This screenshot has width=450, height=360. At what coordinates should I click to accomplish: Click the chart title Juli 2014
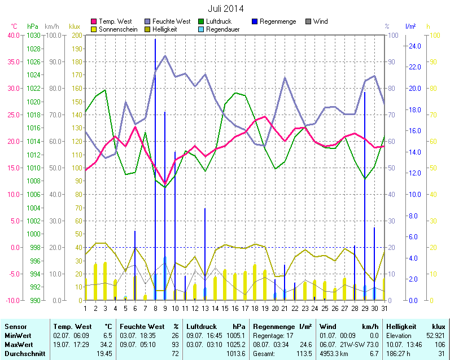pos(226,8)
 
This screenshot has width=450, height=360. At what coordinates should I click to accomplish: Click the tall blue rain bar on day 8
pos(155,169)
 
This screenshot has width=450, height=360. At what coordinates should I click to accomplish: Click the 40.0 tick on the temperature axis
pos(12,35)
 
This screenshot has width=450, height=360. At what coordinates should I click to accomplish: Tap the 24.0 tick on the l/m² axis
pos(414,46)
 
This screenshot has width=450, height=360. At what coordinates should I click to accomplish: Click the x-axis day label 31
pos(385,308)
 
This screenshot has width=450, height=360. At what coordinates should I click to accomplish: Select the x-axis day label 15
pos(225,308)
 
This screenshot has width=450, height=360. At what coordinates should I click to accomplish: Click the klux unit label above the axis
pos(74,27)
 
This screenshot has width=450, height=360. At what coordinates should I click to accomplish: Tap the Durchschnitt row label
pos(23,353)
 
